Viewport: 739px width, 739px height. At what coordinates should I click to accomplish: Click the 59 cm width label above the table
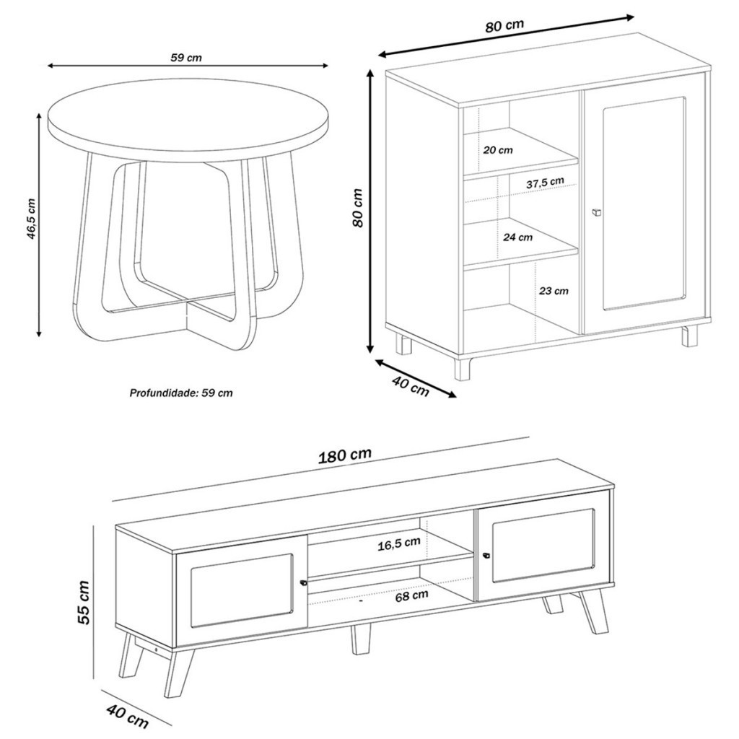185,58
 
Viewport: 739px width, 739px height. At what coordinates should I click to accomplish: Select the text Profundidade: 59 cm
181,393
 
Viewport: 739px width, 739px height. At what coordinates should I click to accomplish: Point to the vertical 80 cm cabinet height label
358,208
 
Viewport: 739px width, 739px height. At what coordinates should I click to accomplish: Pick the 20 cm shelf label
498,150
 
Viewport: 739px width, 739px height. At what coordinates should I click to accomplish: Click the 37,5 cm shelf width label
546,183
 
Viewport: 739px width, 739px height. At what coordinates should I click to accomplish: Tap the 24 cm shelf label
517,237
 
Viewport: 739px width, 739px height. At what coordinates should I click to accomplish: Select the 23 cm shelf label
554,291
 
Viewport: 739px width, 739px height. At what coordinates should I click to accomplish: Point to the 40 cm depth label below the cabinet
411,387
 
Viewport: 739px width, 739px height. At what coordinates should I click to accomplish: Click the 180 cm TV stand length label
345,456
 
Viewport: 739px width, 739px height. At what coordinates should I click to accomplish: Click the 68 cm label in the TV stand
412,595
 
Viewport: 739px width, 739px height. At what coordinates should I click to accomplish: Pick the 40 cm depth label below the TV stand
127,717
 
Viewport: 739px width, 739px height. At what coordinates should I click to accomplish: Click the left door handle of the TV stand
303,583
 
